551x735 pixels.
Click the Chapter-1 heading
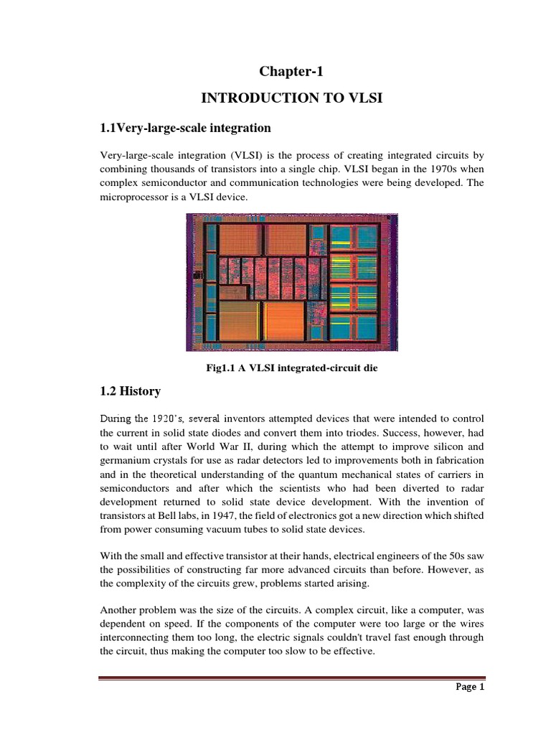287,71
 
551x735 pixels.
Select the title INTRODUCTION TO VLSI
286,98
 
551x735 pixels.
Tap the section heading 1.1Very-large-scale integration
185,128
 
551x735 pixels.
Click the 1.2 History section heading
130,392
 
